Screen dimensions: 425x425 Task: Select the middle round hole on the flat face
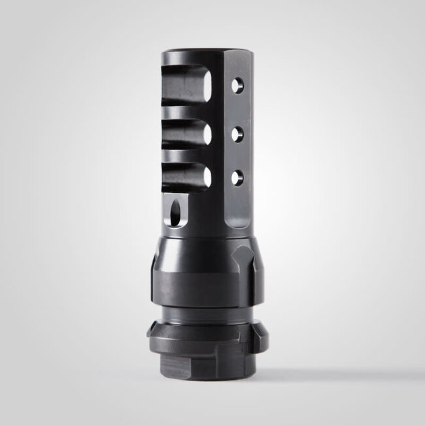pyautogui.click(x=237, y=133)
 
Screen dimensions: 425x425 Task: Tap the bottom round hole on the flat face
pyautogui.click(x=237, y=175)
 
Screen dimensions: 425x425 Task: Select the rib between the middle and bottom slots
pyautogui.click(x=183, y=157)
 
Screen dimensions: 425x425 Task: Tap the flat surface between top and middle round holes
pyautogui.click(x=237, y=109)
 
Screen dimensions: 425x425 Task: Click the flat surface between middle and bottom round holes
pyautogui.click(x=237, y=154)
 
